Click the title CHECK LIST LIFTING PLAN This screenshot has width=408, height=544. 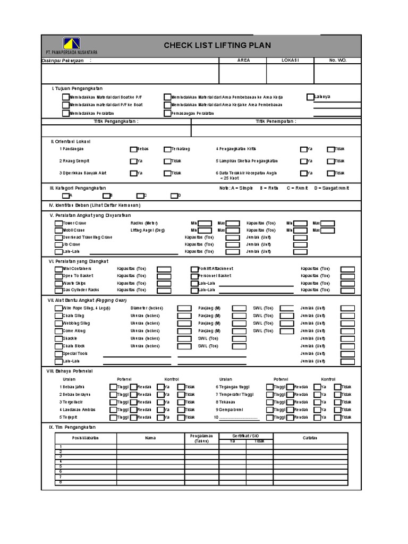(x=217, y=46)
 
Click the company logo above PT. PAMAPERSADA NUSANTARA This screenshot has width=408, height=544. (x=72, y=43)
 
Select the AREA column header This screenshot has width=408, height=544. (x=243, y=61)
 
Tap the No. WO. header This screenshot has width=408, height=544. (x=337, y=61)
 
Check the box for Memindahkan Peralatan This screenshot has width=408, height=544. (x=65, y=113)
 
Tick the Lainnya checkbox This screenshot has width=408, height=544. (x=310, y=97)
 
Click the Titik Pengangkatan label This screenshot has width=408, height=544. (x=116, y=122)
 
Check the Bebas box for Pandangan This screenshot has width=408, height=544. (x=133, y=149)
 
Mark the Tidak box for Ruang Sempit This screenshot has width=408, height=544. (x=167, y=161)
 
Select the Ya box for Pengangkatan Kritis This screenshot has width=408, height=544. (x=303, y=149)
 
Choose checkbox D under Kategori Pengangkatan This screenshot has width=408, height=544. (x=174, y=195)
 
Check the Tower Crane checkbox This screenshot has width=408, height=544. (x=58, y=224)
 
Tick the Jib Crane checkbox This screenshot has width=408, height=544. (x=58, y=244)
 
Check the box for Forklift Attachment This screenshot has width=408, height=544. (x=194, y=269)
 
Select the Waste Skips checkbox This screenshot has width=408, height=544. (x=58, y=284)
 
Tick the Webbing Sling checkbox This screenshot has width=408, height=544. (x=58, y=324)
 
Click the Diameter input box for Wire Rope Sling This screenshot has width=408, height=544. (x=184, y=308)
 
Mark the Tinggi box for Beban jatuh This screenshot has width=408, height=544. (x=113, y=387)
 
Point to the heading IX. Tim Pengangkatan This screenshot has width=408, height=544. (x=72, y=427)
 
